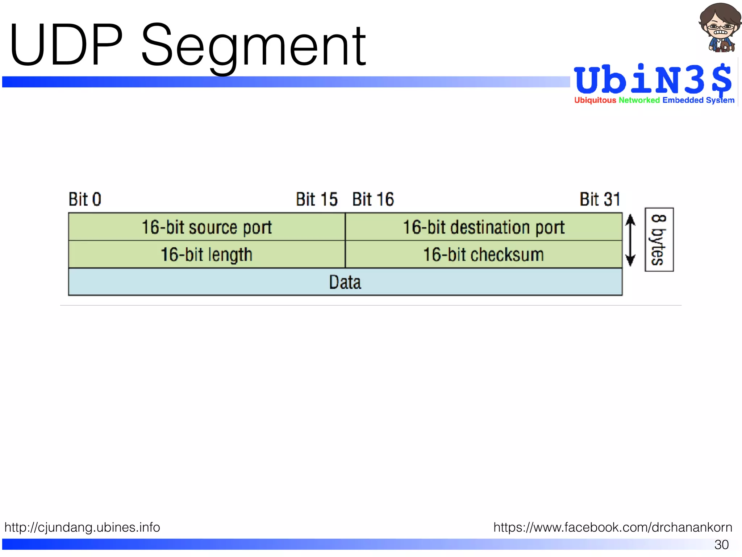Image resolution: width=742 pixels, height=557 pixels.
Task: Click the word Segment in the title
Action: (x=254, y=47)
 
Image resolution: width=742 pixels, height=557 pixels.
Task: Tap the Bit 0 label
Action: (x=85, y=199)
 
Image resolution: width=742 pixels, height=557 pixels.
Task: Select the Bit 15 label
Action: (x=317, y=199)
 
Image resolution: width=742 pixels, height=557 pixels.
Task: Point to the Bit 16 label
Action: (x=373, y=199)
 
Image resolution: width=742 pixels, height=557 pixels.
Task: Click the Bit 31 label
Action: (x=600, y=199)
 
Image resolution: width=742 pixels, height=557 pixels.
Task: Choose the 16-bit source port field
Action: (x=207, y=227)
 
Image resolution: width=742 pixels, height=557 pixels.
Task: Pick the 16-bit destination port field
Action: (x=484, y=227)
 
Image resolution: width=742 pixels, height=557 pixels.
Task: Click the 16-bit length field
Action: (x=207, y=255)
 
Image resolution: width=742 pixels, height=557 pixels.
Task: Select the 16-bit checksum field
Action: (x=484, y=255)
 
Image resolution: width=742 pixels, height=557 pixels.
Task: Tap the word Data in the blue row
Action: (x=345, y=282)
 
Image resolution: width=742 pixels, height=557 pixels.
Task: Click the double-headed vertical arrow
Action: (x=630, y=240)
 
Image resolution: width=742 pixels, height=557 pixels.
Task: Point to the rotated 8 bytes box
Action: (x=659, y=240)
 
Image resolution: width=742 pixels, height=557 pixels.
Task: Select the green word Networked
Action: (x=639, y=100)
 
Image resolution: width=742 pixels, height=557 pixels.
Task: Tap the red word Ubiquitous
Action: (x=595, y=100)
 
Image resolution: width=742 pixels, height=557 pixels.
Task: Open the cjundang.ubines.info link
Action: (x=82, y=527)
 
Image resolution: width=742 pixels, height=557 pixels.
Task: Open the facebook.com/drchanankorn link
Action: (x=613, y=527)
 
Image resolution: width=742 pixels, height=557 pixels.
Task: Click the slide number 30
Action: (x=721, y=544)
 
